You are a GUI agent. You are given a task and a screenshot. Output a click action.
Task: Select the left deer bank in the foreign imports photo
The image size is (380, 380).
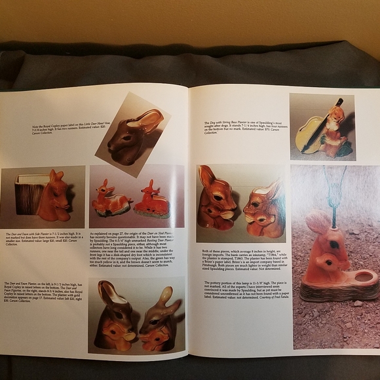(217, 199)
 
